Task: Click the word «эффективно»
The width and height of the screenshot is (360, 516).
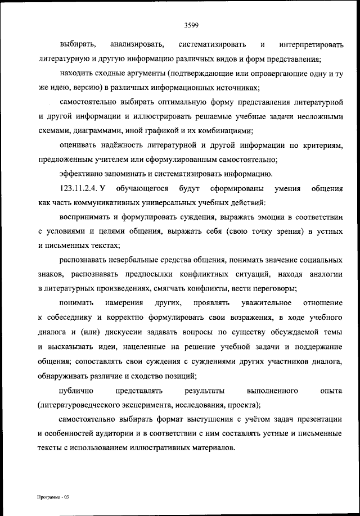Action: click(x=79, y=173)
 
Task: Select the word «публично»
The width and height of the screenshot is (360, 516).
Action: click(x=76, y=390)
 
